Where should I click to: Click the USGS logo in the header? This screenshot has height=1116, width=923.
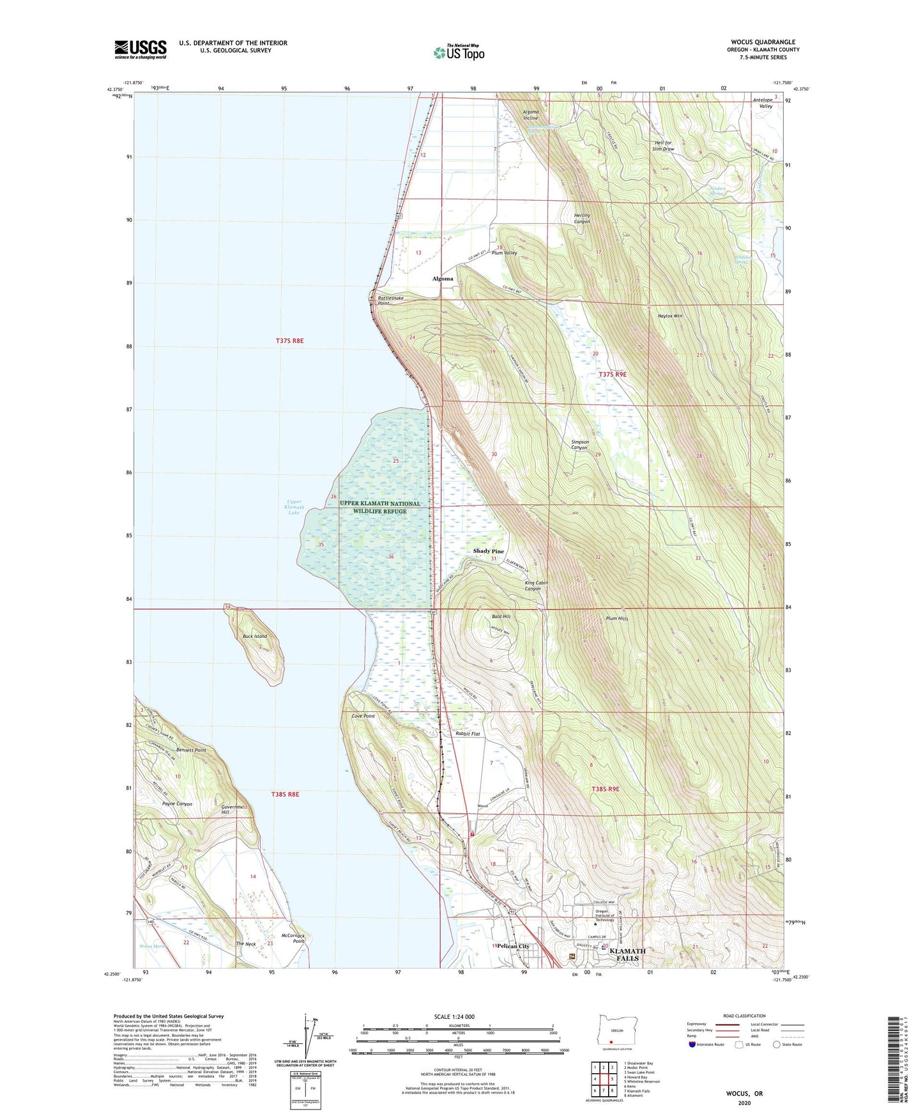pos(141,49)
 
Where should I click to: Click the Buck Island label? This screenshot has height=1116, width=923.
pos(255,637)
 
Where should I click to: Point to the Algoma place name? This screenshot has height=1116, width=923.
pos(442,279)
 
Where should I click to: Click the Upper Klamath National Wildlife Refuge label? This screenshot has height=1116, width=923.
pos(380,508)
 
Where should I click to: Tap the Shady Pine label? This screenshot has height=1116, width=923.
pos(488,551)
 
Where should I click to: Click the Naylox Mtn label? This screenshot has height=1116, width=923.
pos(670,316)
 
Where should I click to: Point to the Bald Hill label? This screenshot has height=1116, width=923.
pos(501,617)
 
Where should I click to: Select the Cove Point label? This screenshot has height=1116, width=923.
pos(363,717)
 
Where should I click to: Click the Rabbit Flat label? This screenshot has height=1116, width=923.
pos(467,734)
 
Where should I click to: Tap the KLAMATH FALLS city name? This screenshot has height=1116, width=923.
pos(627,954)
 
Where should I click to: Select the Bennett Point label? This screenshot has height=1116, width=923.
pos(191,750)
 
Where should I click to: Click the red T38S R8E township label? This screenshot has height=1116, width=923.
pos(284,794)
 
